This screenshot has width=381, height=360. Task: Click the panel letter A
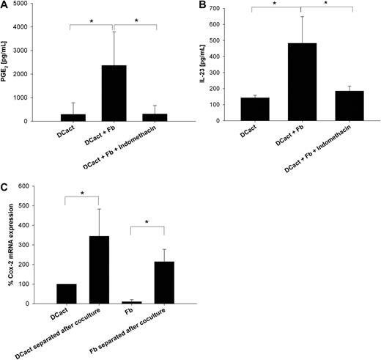[x=4, y=6]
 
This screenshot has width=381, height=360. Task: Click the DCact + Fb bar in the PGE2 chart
[x=114, y=93]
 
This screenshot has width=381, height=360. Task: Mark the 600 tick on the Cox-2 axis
[x=39, y=186]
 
